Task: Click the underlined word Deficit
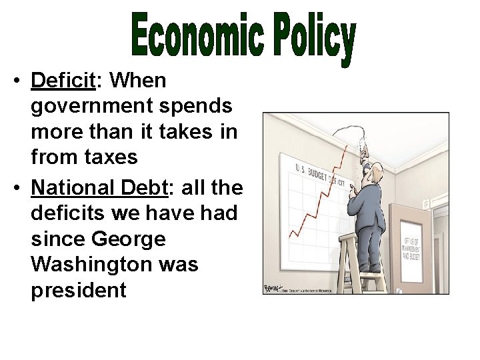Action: (x=63, y=81)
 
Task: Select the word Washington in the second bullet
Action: (x=115, y=265)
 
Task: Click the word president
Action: (x=78, y=291)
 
